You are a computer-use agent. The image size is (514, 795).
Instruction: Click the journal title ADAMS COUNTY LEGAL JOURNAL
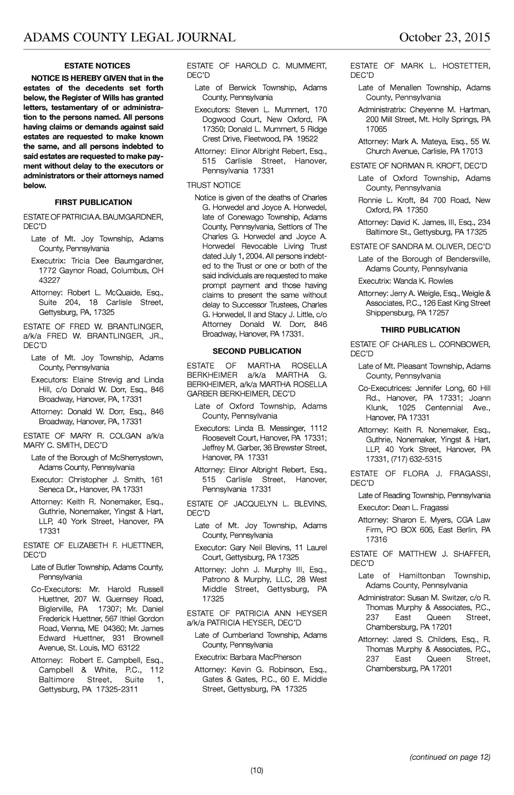pyautogui.click(x=130, y=38)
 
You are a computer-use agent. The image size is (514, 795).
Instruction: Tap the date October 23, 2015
pyautogui.click(x=444, y=38)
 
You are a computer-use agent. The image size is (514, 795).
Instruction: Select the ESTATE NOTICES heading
pyautogui.click(x=97, y=66)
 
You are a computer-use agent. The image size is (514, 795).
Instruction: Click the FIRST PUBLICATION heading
pyautogui.click(x=93, y=202)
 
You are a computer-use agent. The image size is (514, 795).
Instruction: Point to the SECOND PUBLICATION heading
pyautogui.click(x=257, y=351)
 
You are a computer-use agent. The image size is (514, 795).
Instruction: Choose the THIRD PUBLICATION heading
pyautogui.click(x=420, y=330)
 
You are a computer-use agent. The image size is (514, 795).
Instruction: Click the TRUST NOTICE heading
pyautogui.click(x=214, y=185)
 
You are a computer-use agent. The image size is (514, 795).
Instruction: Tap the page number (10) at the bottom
pyautogui.click(x=257, y=770)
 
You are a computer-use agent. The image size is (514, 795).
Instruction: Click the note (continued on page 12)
pyautogui.click(x=450, y=757)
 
